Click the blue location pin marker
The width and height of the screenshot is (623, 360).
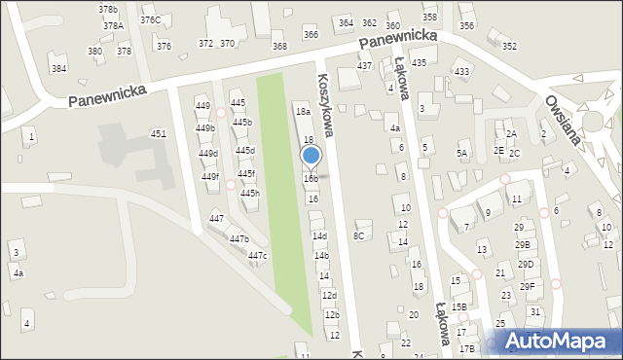[311, 156]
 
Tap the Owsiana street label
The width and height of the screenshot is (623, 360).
[564, 119]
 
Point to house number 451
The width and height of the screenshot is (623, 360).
[158, 134]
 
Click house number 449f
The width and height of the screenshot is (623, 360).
[210, 176]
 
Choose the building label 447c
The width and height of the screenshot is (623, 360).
[257, 256]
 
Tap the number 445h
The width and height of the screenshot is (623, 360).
[250, 194]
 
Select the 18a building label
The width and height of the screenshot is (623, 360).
[303, 112]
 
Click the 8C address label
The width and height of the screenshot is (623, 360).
[359, 235]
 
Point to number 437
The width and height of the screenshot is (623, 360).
[364, 65]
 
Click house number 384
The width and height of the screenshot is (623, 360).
[59, 68]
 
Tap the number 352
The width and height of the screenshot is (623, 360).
[509, 46]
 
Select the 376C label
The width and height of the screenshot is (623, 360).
[150, 19]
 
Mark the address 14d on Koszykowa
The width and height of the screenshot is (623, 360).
[319, 236]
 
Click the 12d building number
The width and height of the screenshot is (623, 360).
[329, 296]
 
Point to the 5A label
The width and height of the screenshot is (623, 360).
[462, 154]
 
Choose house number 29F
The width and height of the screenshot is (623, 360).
[527, 286]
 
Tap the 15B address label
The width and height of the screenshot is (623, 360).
[458, 306]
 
